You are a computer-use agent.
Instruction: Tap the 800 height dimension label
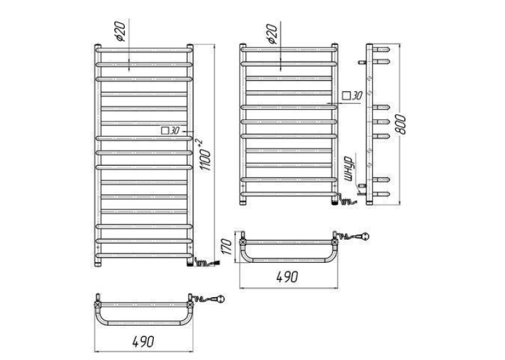(x=401, y=124)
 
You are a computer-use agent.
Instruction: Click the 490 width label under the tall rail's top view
(x=144, y=342)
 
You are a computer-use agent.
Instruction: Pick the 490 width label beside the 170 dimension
(x=288, y=277)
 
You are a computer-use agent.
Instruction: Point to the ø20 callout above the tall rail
(x=119, y=31)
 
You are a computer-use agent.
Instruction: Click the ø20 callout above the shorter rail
(x=272, y=34)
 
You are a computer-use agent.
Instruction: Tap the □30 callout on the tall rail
(x=170, y=131)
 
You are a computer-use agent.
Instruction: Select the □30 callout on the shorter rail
(x=353, y=95)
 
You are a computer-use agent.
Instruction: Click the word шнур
(x=349, y=168)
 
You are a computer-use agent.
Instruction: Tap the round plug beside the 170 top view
(x=365, y=236)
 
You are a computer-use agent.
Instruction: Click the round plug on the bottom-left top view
(x=220, y=299)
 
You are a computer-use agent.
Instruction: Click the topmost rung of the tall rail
(x=144, y=50)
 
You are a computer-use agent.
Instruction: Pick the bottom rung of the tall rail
(x=144, y=255)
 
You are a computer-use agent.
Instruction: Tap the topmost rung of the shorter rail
(x=289, y=50)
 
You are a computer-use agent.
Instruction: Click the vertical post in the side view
(x=369, y=124)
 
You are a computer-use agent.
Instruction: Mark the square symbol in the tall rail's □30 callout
(x=165, y=131)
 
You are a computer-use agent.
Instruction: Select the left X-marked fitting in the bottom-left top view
(x=98, y=305)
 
